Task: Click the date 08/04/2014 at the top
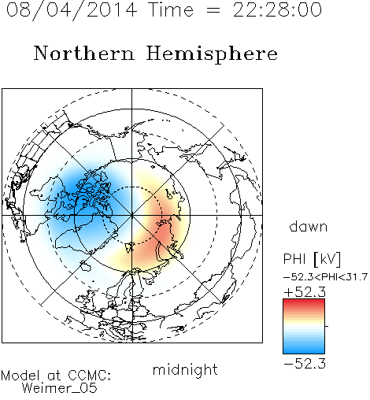[x=72, y=10]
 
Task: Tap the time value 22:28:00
[x=277, y=9]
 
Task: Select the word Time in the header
[x=171, y=9]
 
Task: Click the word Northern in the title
[x=84, y=53]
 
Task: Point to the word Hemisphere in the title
[x=212, y=54]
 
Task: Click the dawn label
[x=309, y=226]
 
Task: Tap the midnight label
[x=185, y=369]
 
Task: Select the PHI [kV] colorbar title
[x=312, y=259]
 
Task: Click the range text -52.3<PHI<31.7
[x=325, y=277]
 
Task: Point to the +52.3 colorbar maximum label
[x=305, y=292]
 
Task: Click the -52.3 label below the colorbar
[x=305, y=364]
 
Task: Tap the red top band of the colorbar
[x=304, y=302]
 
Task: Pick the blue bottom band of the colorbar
[x=304, y=351]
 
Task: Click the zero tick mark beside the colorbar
[x=327, y=326]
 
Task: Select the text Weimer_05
[x=59, y=388]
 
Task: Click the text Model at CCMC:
[x=56, y=376]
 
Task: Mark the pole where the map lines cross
[x=132, y=215]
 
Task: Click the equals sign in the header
[x=213, y=10]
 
